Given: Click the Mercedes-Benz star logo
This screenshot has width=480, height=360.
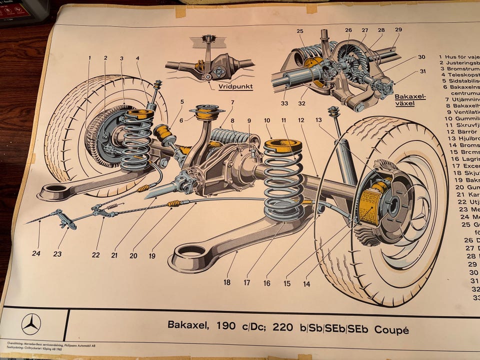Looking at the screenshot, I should [x=31, y=324].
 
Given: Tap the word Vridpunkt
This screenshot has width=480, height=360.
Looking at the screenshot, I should [x=235, y=86].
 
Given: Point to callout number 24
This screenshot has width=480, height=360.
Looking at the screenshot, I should [x=36, y=253].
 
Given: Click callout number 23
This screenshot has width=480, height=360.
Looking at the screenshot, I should [x=57, y=254].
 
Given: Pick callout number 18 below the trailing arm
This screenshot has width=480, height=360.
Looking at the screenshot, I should [x=227, y=282].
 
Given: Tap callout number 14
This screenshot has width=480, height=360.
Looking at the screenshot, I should [x=306, y=284].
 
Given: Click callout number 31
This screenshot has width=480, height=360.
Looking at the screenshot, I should [x=423, y=71].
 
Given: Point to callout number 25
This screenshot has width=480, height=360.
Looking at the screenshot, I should [x=300, y=31].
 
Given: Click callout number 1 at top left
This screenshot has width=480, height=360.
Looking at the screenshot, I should [x=90, y=58].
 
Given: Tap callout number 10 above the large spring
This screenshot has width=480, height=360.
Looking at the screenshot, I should [x=267, y=120].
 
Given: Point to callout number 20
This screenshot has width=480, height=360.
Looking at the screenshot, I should [x=133, y=255].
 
